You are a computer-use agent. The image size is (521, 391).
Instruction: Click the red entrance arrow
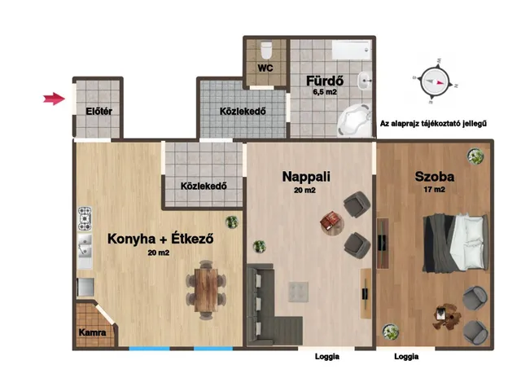(x=54, y=99)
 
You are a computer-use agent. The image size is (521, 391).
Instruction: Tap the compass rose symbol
(x=435, y=81)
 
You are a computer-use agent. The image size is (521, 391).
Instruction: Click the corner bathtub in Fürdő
(x=354, y=120)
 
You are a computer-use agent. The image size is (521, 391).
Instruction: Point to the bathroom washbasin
(x=364, y=80)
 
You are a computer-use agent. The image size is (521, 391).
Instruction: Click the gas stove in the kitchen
(x=85, y=219)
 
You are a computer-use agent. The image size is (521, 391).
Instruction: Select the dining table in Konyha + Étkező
(x=206, y=290)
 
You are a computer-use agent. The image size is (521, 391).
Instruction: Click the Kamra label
(x=92, y=332)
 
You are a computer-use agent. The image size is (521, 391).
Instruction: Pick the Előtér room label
(x=99, y=111)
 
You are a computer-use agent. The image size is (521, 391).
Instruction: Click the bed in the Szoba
(x=455, y=243)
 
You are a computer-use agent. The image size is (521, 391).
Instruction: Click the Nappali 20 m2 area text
(x=304, y=190)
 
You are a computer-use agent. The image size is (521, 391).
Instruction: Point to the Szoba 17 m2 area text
(x=434, y=190)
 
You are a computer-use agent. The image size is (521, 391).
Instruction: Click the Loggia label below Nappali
(x=327, y=357)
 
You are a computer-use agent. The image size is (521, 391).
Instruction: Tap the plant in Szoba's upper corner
(x=475, y=156)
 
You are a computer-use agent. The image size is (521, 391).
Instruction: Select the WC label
(x=265, y=68)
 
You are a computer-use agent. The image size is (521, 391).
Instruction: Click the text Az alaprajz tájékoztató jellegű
(x=433, y=124)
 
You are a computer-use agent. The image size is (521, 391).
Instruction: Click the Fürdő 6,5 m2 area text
(x=325, y=92)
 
